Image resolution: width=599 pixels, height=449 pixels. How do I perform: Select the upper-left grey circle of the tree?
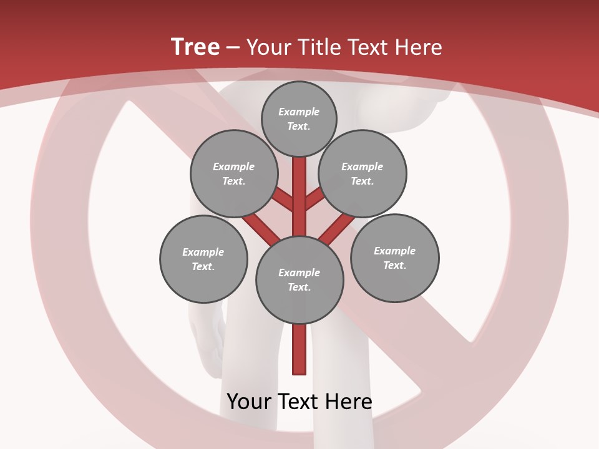233,173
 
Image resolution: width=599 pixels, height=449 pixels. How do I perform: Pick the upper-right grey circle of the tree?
363,173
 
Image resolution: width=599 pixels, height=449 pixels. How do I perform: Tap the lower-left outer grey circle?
203,259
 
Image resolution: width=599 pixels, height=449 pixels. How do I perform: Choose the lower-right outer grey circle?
394,258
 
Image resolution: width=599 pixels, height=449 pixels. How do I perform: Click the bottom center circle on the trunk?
299,280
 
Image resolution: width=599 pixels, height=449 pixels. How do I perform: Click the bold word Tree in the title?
195,47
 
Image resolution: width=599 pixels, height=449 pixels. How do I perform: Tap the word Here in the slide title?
419,47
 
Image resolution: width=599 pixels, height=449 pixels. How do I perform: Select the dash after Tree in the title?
233,48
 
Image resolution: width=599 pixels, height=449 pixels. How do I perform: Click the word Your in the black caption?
250,401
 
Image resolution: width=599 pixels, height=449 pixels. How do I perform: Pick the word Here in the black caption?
349,401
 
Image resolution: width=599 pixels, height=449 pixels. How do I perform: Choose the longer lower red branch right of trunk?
337,228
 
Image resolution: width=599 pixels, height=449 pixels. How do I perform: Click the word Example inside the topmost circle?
299,112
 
